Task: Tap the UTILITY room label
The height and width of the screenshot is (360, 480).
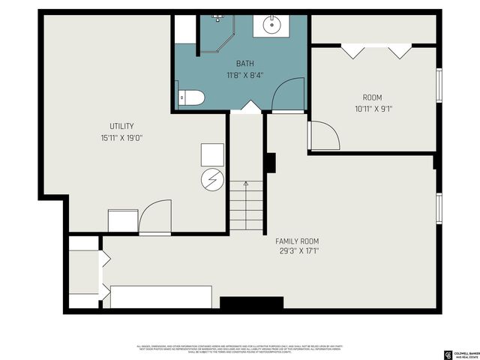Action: click(x=121, y=126)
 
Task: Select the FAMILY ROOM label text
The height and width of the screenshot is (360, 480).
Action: click(x=297, y=241)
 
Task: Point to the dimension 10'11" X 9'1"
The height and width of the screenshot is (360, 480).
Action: click(x=373, y=109)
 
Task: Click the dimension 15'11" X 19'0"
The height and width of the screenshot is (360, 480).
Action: click(x=121, y=138)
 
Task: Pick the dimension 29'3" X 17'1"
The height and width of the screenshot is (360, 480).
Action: click(x=297, y=252)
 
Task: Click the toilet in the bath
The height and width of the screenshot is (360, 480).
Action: click(x=190, y=97)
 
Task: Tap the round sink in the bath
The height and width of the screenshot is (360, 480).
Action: click(x=271, y=25)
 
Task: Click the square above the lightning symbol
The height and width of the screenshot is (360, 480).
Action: click(x=212, y=154)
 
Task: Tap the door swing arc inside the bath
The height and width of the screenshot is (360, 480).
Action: click(x=289, y=96)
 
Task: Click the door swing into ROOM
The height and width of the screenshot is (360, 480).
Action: click(x=324, y=136)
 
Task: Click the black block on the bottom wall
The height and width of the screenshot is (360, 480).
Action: click(x=251, y=304)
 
